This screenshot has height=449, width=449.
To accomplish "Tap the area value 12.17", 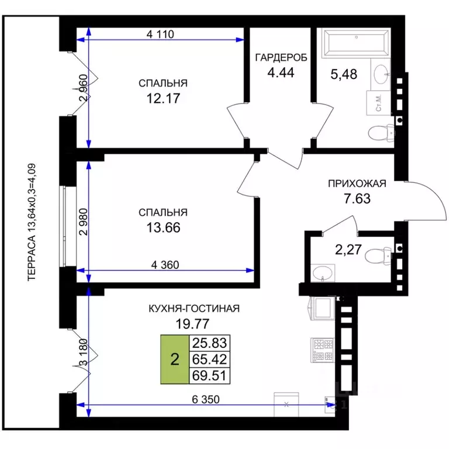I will pos(163,98).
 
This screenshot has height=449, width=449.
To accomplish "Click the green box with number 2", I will pos(174,359).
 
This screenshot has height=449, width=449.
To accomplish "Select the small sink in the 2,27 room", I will pos(323,273).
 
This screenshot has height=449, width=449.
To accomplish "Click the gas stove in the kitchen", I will pos(322,349).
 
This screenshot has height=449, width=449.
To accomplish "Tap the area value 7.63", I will pos(357,197).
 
